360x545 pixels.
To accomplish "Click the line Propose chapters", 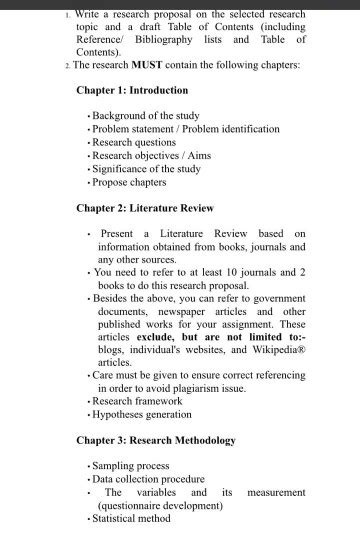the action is (x=129, y=182).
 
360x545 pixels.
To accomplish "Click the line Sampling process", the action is (x=132, y=466).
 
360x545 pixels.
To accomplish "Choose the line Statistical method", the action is (x=132, y=518).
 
